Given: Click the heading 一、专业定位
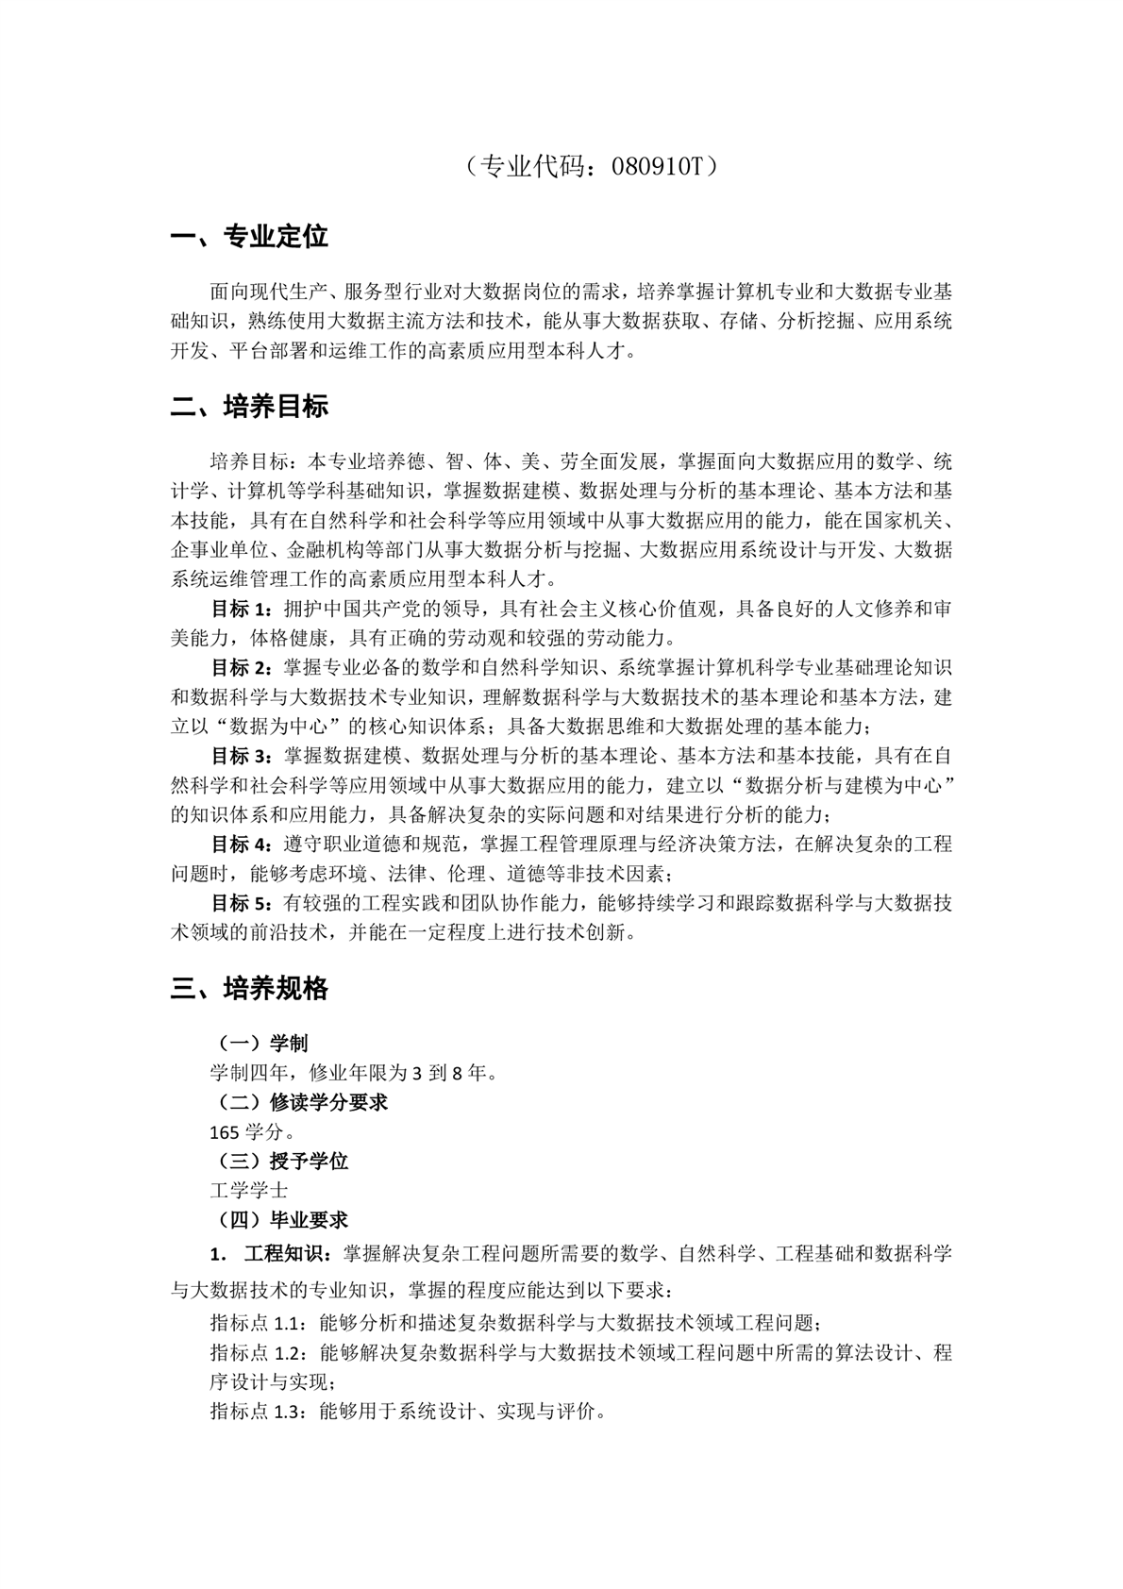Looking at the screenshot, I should [x=249, y=237].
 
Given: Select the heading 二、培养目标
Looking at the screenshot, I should [x=249, y=407].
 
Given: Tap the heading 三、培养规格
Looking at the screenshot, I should [x=249, y=989].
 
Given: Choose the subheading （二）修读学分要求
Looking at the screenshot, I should [x=299, y=1102].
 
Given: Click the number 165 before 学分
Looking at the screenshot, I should [x=225, y=1132].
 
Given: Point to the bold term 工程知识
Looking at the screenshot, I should [x=283, y=1254].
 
